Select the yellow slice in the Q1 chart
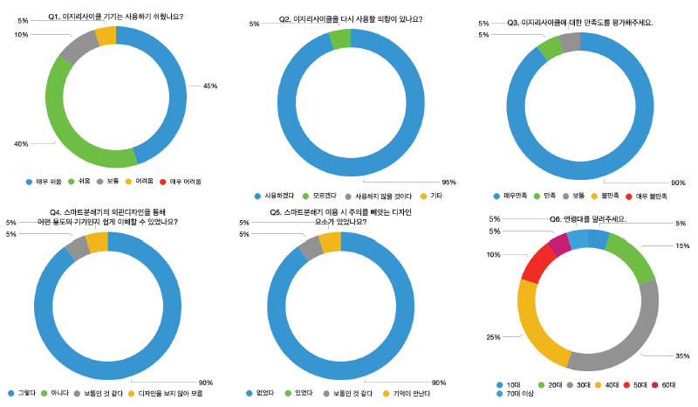coord(106,35)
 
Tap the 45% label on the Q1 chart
coord(209,86)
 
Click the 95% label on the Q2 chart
coord(449,182)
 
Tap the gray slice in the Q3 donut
coord(570,42)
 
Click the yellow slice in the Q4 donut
coord(98,241)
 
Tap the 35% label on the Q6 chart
coord(682,355)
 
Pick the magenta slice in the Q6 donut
coord(559,243)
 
